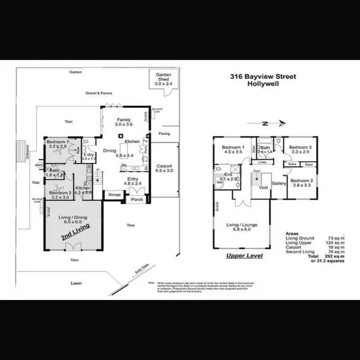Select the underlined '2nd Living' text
pos(74,234)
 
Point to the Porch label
pos(137,200)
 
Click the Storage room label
pos(114,195)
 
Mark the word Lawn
pos(74,283)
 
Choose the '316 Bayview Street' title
pos(263,76)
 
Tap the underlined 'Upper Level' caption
pos(244,255)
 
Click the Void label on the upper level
pos(263,188)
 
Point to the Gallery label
pos(279,183)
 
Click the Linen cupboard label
pos(262,162)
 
